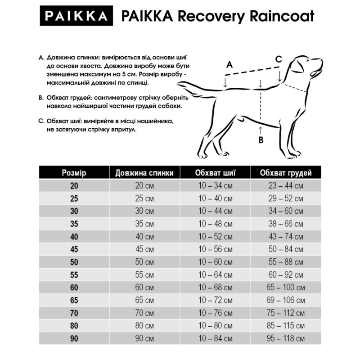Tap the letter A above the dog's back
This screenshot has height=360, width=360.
[229, 65]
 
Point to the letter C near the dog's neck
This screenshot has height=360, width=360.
[279, 59]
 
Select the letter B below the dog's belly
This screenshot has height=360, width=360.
[261, 140]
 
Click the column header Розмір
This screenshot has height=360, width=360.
[74, 173]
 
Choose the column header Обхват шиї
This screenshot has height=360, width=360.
[216, 173]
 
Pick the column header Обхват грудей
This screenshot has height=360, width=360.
[286, 173]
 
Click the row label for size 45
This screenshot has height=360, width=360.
[74, 249]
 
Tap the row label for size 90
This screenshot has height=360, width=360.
[74, 337]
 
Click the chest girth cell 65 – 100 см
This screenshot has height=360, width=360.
[286, 287]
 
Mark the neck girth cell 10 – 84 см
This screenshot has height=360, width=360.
[216, 337]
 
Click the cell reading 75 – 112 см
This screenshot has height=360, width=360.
[286, 312]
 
